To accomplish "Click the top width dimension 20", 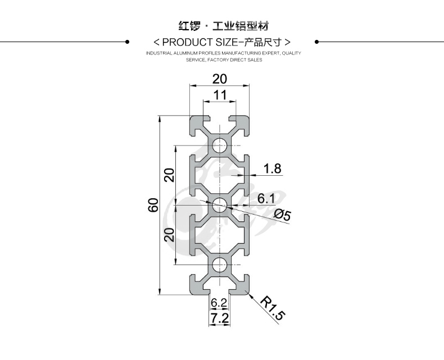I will (220, 79).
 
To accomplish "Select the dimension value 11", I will (220, 95).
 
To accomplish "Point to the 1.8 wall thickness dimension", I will (272, 168).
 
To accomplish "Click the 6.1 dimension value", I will (266, 198).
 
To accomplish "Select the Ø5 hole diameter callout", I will (282, 215).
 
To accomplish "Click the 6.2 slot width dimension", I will (219, 303).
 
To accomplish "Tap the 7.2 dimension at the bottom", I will (219, 318).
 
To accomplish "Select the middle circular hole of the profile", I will (219, 205).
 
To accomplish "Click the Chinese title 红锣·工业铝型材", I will (223, 26).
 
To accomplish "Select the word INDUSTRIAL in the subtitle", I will (158, 53).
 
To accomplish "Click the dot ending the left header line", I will (128, 42).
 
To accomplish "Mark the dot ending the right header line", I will (316, 42).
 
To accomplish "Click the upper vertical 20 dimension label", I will (169, 176).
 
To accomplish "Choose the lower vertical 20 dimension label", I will (169, 235).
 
